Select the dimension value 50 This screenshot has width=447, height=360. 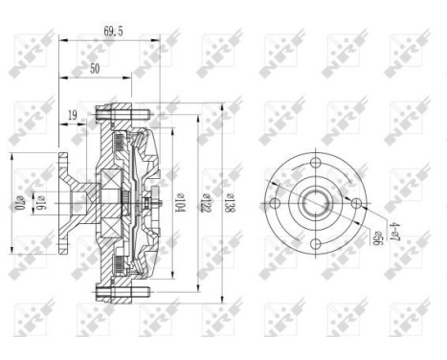pyautogui.click(x=96, y=70)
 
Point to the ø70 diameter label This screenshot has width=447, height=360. pyautogui.click(x=17, y=203)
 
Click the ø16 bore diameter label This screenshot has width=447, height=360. pyautogui.click(x=41, y=203)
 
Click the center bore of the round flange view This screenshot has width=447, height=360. pyautogui.click(x=316, y=202)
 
